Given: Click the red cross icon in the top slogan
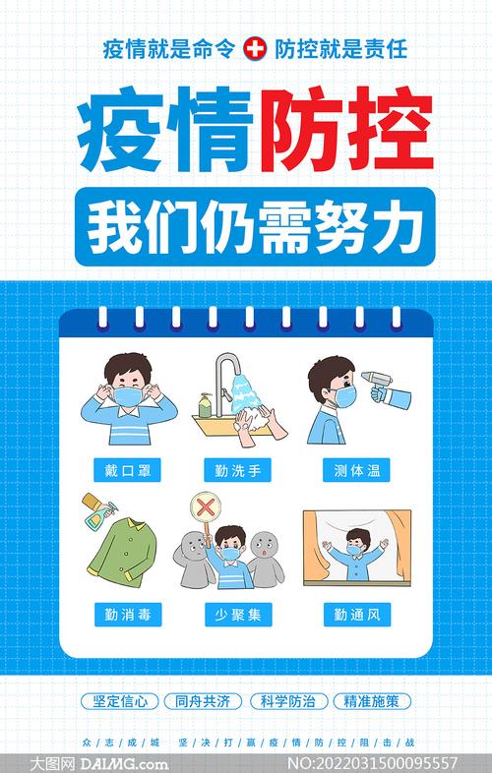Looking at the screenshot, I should point(255,47).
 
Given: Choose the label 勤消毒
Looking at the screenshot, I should point(127,617).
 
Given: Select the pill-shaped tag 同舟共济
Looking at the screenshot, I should point(203,702).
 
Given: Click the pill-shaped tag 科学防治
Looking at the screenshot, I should point(287,702).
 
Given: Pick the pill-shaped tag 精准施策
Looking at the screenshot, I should point(372,702).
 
